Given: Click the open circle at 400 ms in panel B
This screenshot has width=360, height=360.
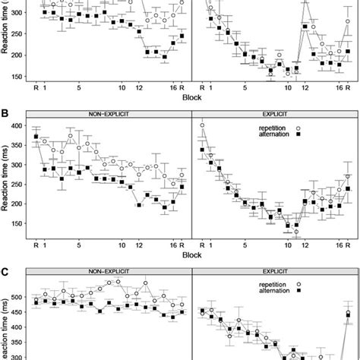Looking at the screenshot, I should coord(201,125).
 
